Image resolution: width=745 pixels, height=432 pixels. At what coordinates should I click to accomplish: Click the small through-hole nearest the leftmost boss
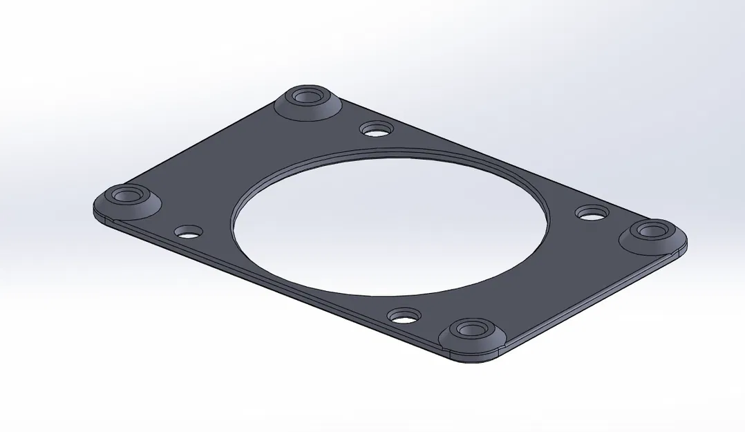(x=188, y=232)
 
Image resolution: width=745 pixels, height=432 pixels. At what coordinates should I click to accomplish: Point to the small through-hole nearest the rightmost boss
(x=592, y=214)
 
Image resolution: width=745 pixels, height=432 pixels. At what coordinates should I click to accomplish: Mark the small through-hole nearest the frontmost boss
(x=404, y=317)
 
